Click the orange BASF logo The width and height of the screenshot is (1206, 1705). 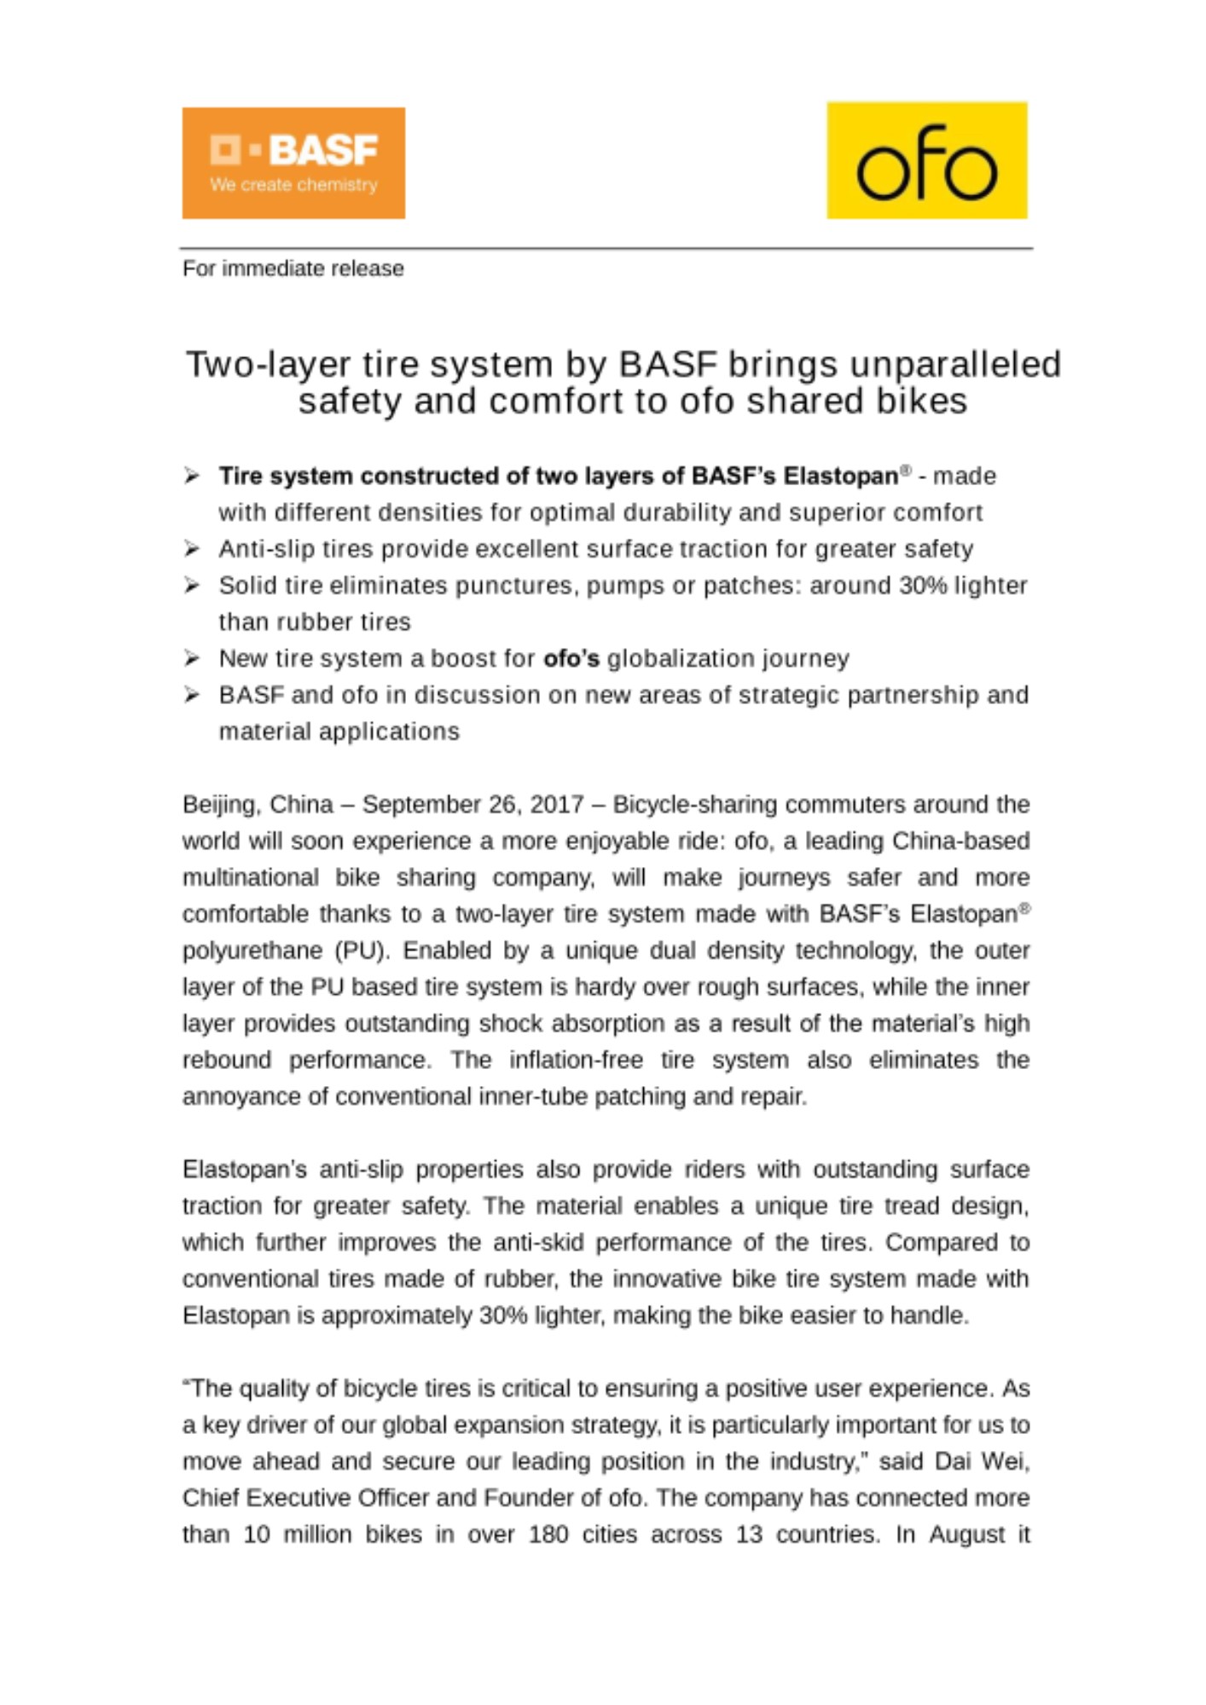pyautogui.click(x=293, y=162)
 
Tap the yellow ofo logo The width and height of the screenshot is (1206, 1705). pyautogui.click(x=926, y=160)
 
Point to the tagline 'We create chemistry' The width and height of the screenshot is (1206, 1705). pyautogui.click(x=293, y=185)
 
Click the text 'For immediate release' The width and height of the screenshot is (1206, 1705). pyautogui.click(x=293, y=269)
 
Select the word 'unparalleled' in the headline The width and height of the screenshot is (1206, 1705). pyautogui.click(x=954, y=364)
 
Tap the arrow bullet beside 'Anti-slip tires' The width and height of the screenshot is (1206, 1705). pyautogui.click(x=192, y=548)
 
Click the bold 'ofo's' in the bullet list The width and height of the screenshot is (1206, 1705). pyautogui.click(x=571, y=659)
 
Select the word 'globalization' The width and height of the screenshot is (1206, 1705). pyautogui.click(x=673, y=659)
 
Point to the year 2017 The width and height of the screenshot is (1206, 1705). pyautogui.click(x=557, y=805)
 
